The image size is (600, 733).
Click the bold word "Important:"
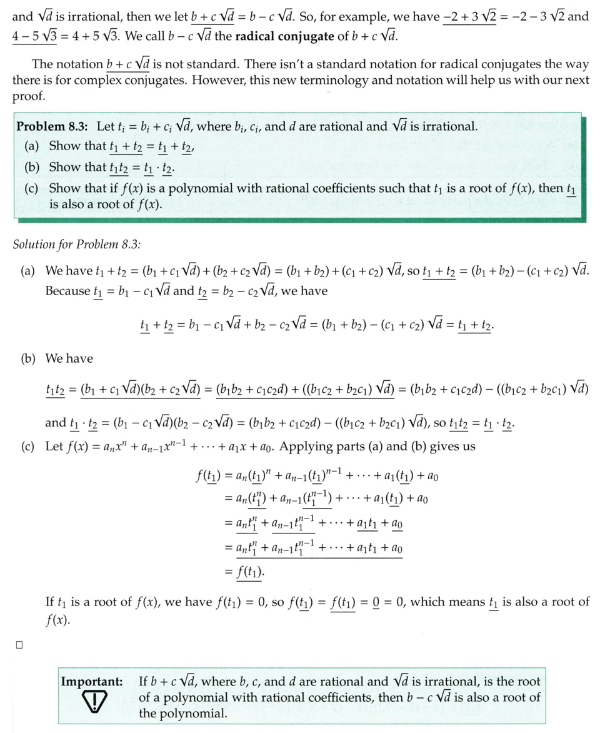click(x=91, y=681)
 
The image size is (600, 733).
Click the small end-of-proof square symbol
click(x=19, y=645)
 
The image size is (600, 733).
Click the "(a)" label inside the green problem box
click(x=32, y=146)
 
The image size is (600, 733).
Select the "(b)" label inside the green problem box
click(x=32, y=167)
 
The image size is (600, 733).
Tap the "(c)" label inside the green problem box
click(x=32, y=188)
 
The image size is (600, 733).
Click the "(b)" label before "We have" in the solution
click(x=29, y=359)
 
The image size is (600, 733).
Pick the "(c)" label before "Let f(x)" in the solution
click(x=28, y=447)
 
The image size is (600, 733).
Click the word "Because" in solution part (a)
click(x=67, y=291)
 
